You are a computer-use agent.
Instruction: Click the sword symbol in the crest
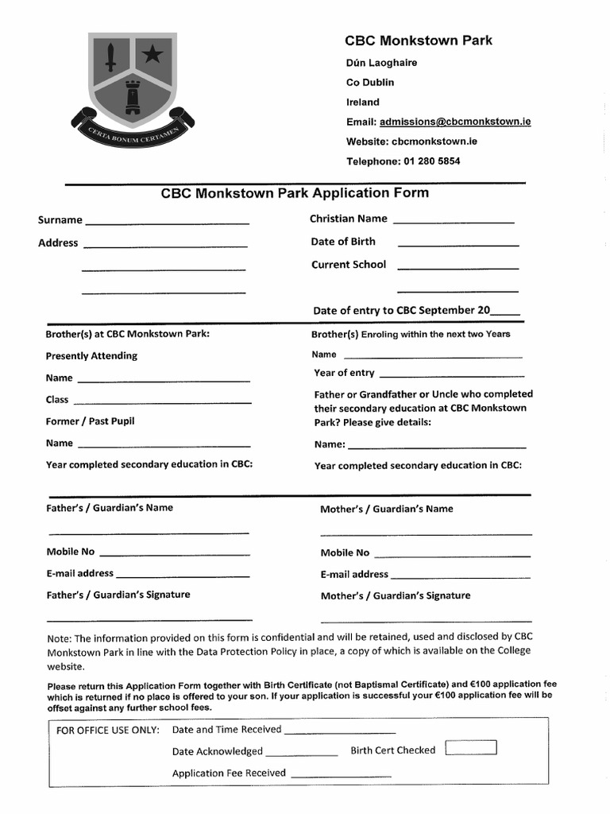[112, 56]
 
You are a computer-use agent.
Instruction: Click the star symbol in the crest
[150, 54]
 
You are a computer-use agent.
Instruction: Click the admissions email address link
[455, 122]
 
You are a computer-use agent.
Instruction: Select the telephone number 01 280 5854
[432, 161]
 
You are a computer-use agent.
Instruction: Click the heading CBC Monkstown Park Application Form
[295, 193]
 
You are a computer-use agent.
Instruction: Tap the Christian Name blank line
[454, 222]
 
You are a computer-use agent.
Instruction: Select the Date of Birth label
[343, 242]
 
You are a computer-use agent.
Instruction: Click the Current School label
[349, 265]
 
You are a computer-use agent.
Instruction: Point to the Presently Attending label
[91, 356]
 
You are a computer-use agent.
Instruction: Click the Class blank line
[162, 403]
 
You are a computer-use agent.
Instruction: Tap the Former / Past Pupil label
[90, 421]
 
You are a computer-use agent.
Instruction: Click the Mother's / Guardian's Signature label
[396, 595]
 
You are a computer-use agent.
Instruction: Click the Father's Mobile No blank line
[174, 554]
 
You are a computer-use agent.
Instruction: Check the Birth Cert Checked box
[471, 748]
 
